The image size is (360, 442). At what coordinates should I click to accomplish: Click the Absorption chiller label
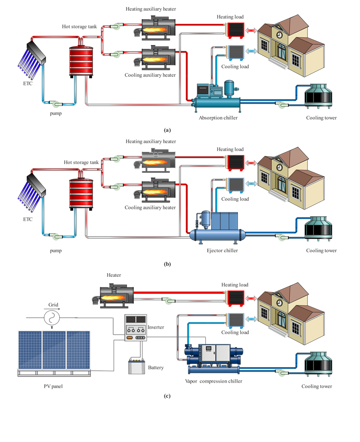coord(218,118)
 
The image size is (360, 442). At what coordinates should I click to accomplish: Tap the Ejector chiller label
coord(222,251)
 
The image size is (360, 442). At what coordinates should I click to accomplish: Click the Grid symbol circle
coord(53,318)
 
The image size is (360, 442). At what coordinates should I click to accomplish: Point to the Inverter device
coord(135,328)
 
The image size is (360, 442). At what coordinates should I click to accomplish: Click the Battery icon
coord(135,366)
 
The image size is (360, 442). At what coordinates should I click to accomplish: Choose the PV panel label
coord(53,386)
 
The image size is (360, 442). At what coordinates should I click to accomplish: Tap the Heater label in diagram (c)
coord(114,275)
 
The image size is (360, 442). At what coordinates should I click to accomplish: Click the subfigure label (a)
coord(167,130)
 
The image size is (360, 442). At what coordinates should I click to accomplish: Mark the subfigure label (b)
coord(167,264)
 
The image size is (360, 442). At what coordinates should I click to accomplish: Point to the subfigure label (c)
coord(167,396)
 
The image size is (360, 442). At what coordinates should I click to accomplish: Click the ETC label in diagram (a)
coord(28,83)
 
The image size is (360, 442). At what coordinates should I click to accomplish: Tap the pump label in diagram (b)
coord(56,251)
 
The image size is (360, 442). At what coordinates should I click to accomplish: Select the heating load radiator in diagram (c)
coord(234,298)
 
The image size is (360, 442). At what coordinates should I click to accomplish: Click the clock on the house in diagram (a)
coord(279,35)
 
